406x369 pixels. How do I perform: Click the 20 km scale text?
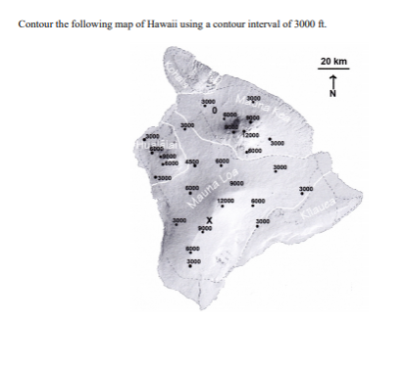(x=333, y=62)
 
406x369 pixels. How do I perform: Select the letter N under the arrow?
(x=333, y=95)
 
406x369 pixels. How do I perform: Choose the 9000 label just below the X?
(x=205, y=230)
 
